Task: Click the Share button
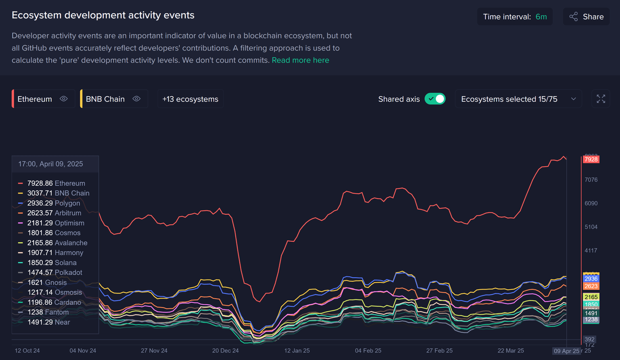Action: [x=586, y=17]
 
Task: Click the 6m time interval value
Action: [x=541, y=17]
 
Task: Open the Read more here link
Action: [x=300, y=60]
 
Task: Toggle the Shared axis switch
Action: [x=435, y=99]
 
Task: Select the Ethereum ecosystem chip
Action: [x=35, y=99]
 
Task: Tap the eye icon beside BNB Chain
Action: [x=136, y=99]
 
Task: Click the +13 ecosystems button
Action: [x=190, y=99]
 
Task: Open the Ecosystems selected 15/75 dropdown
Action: [x=518, y=99]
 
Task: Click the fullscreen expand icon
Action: [x=601, y=99]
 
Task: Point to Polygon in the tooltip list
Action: [x=67, y=203]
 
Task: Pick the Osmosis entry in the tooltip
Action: [x=68, y=292]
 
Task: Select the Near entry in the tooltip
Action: [x=62, y=322]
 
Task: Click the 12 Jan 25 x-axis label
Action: [x=297, y=350]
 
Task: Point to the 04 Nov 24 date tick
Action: [x=83, y=350]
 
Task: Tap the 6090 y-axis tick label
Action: [x=591, y=203]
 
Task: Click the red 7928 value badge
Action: [x=591, y=159]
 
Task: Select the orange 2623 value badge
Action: [x=591, y=286]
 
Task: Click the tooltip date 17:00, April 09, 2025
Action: [x=50, y=164]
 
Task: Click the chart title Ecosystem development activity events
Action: [x=103, y=15]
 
